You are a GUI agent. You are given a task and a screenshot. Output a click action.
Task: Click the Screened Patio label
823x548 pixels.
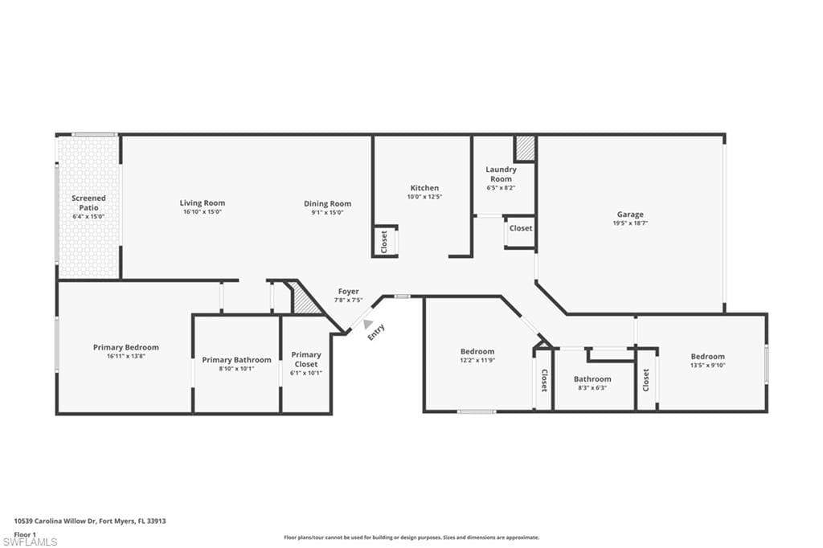point(88,202)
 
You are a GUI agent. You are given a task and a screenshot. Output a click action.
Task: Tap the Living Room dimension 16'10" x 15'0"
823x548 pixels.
point(202,212)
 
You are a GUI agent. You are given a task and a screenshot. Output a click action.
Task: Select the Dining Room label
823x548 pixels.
point(327,203)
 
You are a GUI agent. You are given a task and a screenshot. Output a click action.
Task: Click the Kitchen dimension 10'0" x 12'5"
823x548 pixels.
point(424,197)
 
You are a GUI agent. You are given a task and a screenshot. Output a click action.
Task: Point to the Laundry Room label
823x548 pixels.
point(501,174)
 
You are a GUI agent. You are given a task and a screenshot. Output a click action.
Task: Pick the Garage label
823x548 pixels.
point(630,215)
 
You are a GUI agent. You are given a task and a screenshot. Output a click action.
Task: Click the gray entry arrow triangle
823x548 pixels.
point(368,324)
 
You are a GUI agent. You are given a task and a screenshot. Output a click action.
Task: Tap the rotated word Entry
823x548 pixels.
point(377,332)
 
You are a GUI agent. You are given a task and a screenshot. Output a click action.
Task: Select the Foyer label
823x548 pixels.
point(348,292)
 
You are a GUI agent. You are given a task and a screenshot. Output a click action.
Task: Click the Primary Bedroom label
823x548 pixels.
point(125,347)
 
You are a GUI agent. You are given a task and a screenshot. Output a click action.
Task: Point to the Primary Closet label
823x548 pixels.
point(305,358)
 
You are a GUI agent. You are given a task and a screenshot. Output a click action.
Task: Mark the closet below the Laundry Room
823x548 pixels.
point(520,229)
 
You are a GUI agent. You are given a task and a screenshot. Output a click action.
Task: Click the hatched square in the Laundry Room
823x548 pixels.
point(525,148)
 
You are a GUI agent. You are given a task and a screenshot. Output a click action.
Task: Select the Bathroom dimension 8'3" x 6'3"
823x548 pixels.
point(592,388)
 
